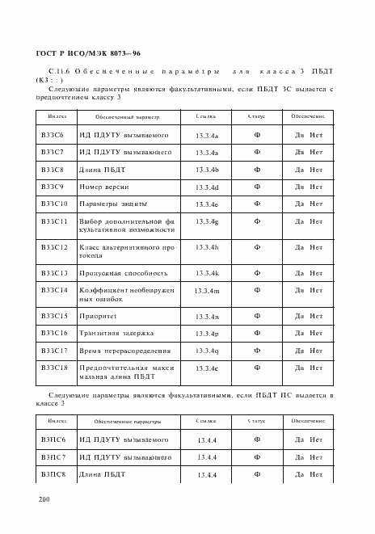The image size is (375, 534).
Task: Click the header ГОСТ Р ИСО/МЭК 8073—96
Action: (89, 53)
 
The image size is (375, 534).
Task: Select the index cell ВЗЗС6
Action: (54, 134)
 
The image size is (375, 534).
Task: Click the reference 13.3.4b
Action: (207, 170)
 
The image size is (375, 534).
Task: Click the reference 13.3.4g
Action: (207, 221)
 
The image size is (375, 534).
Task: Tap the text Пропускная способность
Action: (123, 272)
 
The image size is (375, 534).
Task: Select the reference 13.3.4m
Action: (207, 289)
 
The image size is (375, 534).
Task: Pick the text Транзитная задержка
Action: (117, 333)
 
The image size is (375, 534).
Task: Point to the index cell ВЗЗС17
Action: (55, 351)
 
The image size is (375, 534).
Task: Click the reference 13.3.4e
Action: (207, 369)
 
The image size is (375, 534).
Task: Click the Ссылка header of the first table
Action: (206, 116)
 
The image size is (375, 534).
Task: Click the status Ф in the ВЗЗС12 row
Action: (256, 247)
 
